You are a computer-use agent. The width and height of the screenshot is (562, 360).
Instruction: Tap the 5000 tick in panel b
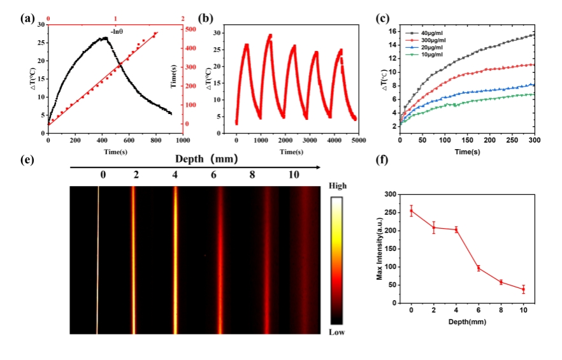(x=357, y=140)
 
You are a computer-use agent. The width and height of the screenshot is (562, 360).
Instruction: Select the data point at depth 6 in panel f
(x=478, y=268)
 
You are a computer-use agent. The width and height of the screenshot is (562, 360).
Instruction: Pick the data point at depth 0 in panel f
(x=412, y=212)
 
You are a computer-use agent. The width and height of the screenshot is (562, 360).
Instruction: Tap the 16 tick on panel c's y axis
(x=393, y=31)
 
